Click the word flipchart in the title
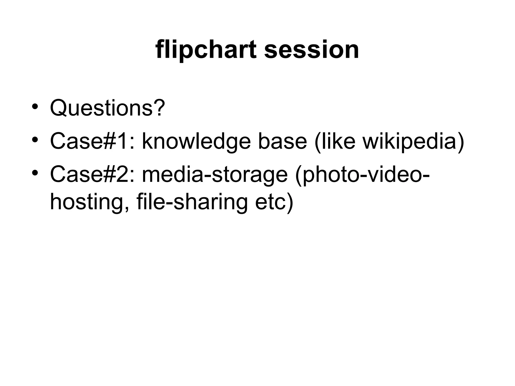tap(206, 50)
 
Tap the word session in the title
tap(312, 50)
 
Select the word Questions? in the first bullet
tap(108, 108)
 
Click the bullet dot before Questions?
tap(35, 106)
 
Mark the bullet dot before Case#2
tap(35, 173)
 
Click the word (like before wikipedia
tap(335, 141)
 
